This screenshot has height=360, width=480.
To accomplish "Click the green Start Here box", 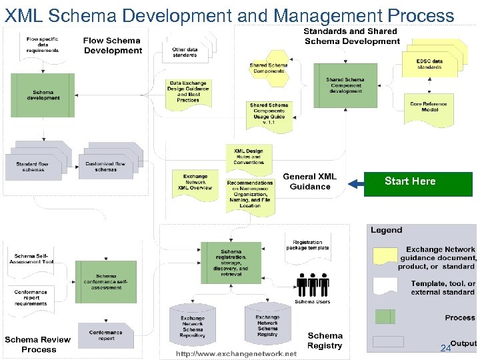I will tap(409, 181).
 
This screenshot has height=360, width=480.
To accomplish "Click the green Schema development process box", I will tap(43, 95).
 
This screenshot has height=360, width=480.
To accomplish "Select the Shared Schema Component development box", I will tap(344, 85).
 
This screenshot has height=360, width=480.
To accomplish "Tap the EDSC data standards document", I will tap(429, 65).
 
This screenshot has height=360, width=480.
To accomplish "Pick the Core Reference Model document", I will tap(429, 107).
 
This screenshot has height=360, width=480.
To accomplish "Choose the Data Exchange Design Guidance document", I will tap(187, 92).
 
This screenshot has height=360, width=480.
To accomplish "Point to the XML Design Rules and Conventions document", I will tap(248, 157).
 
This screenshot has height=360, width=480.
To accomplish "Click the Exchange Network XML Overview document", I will tap(195, 182).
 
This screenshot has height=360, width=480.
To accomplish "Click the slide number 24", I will tap(445, 349).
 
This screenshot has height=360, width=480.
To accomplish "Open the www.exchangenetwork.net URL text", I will tap(236, 354).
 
